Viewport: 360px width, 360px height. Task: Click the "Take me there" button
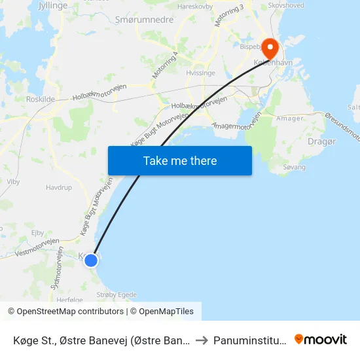point(180,160)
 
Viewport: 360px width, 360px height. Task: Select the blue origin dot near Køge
point(91,260)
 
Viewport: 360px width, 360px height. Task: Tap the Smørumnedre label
point(144,20)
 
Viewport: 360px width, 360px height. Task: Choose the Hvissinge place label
point(200,73)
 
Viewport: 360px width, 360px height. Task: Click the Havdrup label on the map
point(58,187)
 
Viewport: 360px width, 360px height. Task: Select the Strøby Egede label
point(117,295)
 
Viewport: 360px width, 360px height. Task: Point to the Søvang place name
point(294,168)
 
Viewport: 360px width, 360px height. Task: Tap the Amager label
point(290,118)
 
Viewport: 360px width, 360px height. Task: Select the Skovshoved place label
point(286,5)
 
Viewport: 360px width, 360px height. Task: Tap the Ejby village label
point(37,232)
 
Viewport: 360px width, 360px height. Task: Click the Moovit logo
point(321,339)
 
